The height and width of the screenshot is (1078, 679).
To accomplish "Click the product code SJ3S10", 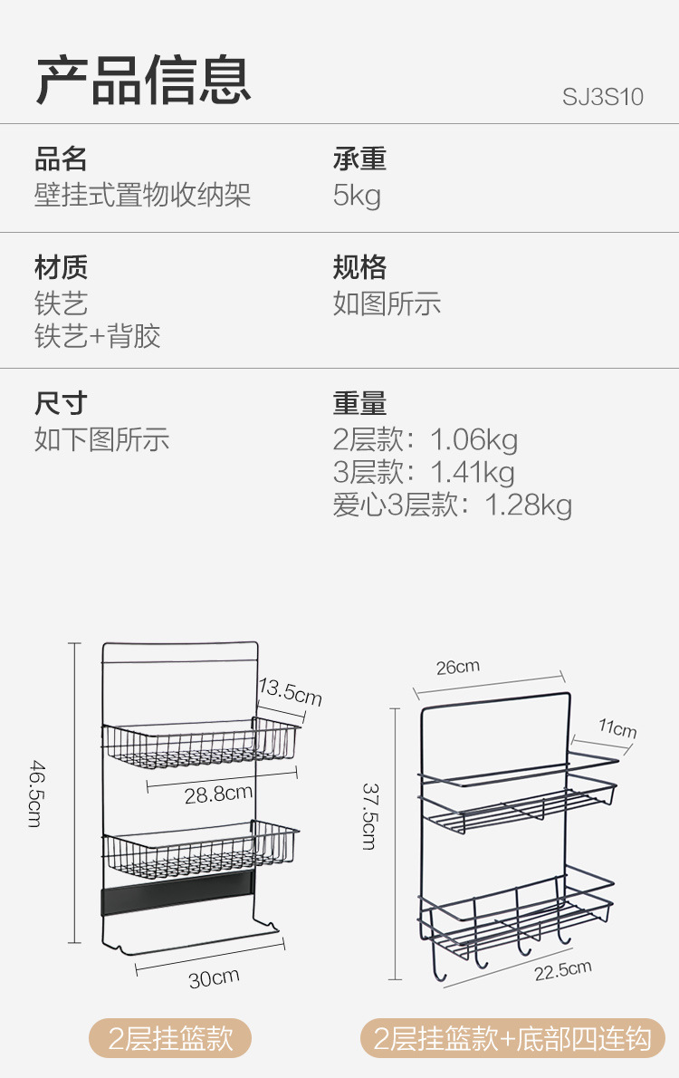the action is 602,96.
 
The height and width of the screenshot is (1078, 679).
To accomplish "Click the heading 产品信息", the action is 143,80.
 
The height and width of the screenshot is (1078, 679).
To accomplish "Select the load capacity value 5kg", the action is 357,196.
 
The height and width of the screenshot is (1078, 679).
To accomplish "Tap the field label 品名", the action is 61,159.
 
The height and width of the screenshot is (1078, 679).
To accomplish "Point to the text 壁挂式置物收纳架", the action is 142,196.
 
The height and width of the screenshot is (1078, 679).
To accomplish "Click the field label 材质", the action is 61,267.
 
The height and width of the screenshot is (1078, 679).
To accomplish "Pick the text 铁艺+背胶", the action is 98,337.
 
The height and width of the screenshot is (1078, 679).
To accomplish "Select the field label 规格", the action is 359,267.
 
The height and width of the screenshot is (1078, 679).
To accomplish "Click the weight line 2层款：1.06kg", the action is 426,440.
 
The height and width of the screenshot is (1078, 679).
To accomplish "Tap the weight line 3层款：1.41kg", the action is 424,472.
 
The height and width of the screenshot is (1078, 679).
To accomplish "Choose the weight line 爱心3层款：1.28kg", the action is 452,505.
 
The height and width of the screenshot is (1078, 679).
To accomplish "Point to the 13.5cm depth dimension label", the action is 290,692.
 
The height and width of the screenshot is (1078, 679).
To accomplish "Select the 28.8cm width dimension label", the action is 218,794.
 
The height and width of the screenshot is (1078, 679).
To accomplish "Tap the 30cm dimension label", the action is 214,977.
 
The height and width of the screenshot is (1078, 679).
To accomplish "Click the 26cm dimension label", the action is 458,668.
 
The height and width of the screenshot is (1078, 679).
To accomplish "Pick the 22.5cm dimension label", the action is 562,970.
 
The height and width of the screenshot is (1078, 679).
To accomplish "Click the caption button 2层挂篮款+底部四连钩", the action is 512,1038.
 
